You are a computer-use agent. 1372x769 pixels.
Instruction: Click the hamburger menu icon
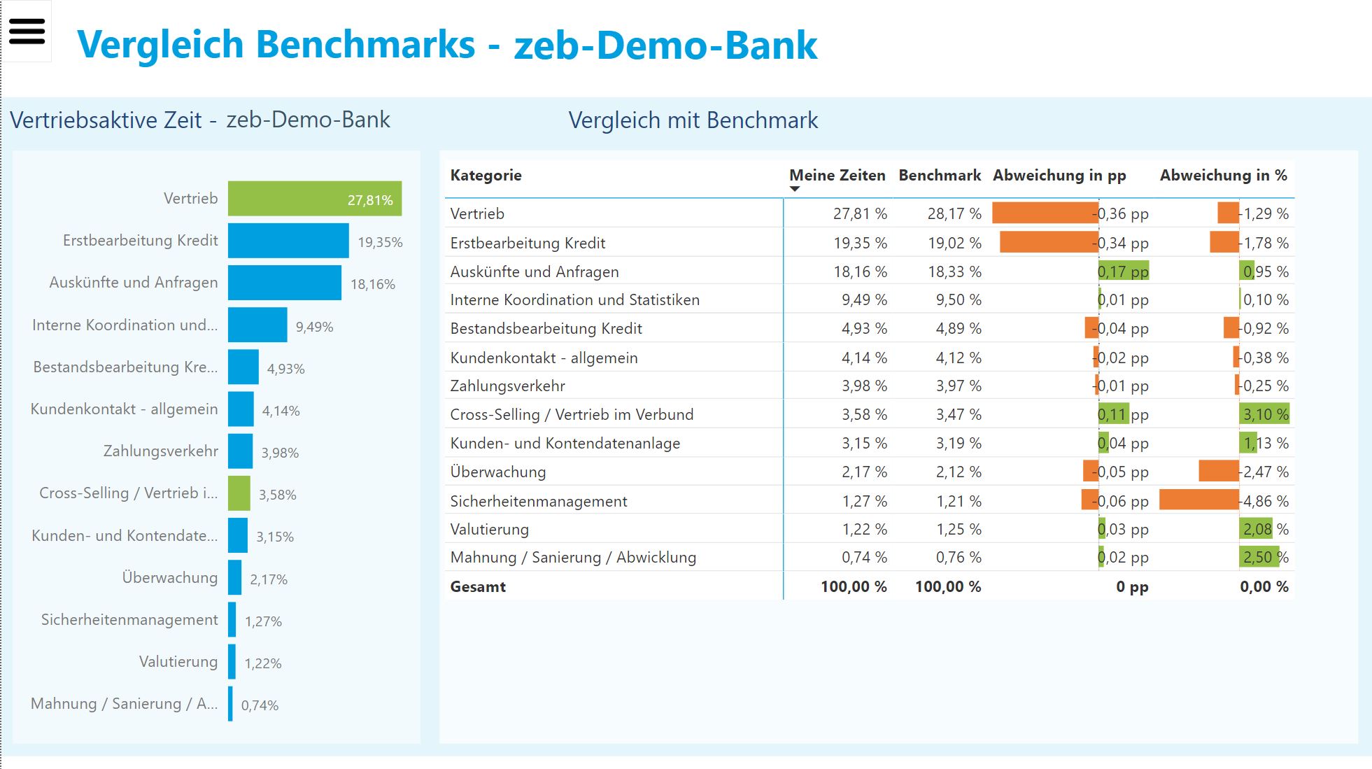27,31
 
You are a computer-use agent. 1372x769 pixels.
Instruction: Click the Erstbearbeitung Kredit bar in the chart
288,241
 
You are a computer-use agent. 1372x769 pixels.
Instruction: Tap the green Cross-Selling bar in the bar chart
239,493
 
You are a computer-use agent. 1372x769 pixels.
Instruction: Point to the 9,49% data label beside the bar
314,327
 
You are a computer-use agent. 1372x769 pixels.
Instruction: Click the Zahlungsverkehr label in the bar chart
160,451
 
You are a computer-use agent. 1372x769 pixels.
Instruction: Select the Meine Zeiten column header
837,176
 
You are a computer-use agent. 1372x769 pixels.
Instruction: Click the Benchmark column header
939,176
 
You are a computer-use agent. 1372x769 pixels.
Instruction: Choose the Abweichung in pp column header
1059,176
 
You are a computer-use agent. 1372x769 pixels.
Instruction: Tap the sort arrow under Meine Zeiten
795,189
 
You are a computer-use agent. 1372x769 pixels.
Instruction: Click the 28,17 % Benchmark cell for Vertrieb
954,214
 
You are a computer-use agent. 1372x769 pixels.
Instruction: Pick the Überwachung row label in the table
497,472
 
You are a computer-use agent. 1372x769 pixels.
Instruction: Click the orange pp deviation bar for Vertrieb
1045,213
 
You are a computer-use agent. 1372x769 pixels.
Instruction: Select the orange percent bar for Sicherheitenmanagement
1198,500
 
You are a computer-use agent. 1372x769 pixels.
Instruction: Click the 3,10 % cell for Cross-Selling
1265,414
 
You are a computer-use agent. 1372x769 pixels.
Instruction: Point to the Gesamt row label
478,587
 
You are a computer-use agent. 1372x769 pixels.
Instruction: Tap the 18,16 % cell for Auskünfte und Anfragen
860,272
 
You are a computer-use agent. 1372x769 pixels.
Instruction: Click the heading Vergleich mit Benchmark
693,120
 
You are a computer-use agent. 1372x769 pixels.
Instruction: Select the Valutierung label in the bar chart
178,662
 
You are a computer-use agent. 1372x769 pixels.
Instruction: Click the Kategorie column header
486,176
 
